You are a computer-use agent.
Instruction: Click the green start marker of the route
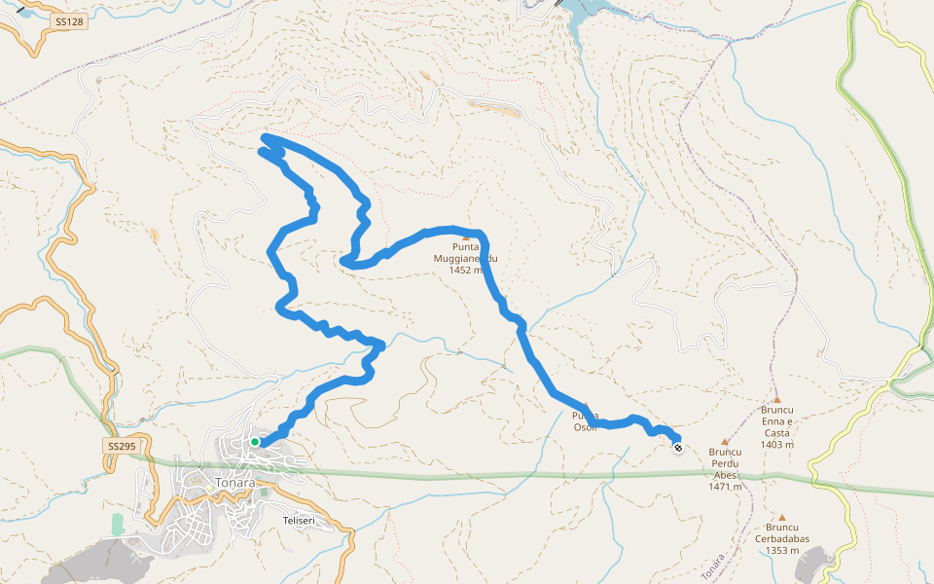pyautogui.click(x=255, y=442)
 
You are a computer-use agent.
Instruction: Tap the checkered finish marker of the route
pyautogui.click(x=677, y=448)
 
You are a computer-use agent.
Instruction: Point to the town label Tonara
pyautogui.click(x=235, y=483)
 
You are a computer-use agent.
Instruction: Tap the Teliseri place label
pyautogui.click(x=301, y=521)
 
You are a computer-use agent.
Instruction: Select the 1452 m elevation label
pyautogui.click(x=466, y=271)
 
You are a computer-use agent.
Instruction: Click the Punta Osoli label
pyautogui.click(x=585, y=421)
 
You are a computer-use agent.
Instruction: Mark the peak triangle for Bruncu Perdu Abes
pyautogui.click(x=725, y=441)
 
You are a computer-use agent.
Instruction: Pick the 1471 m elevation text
pyautogui.click(x=726, y=488)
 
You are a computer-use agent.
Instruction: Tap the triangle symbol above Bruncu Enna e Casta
pyautogui.click(x=777, y=399)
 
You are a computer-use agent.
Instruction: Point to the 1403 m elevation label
pyautogui.click(x=777, y=445)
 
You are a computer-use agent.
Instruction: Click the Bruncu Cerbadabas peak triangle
pyautogui.click(x=782, y=517)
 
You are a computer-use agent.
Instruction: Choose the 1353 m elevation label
pyautogui.click(x=782, y=550)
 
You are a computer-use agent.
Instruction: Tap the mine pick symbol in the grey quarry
pyautogui.click(x=135, y=560)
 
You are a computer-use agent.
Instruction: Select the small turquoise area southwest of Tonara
pyautogui.click(x=118, y=525)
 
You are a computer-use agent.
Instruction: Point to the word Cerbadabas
pyautogui.click(x=782, y=538)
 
